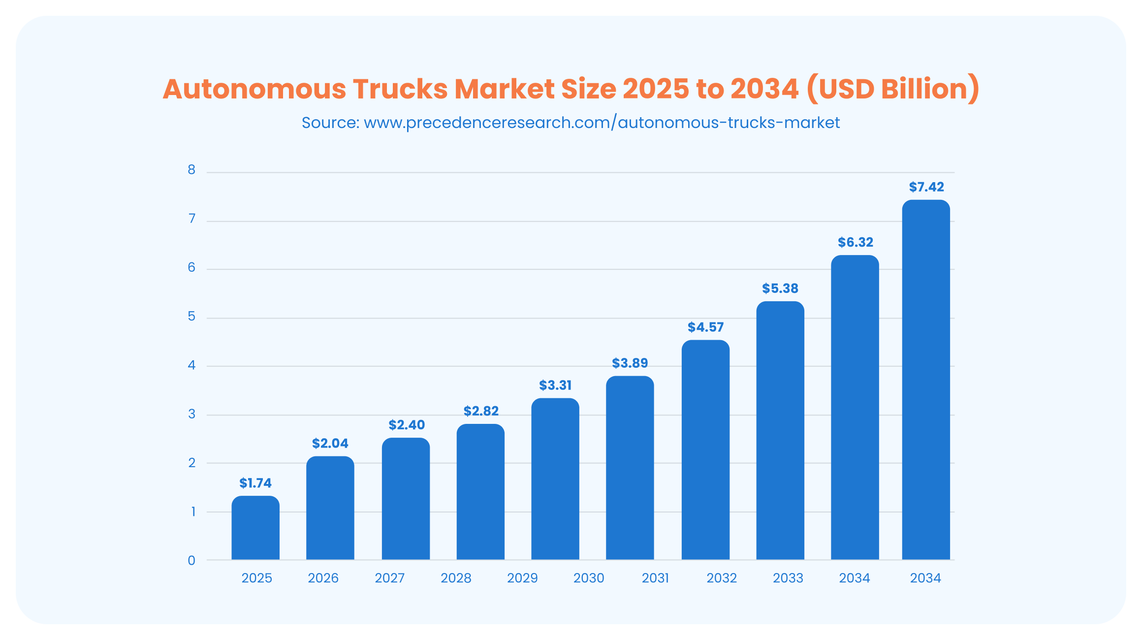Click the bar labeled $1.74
[x=255, y=528]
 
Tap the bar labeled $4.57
[x=705, y=449]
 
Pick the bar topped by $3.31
[x=555, y=479]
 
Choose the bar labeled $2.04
[x=330, y=508]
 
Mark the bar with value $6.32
[x=855, y=407]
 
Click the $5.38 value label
[x=780, y=288]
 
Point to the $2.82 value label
[x=481, y=411]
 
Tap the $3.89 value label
[x=630, y=363]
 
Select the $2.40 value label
[x=407, y=425]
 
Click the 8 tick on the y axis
[x=191, y=170]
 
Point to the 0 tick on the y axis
[x=191, y=560]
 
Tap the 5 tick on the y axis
[x=191, y=316]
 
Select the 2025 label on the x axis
[x=256, y=578]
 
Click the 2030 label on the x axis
[x=589, y=578]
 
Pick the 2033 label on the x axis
[x=788, y=578]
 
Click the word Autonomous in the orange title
[x=254, y=89]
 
